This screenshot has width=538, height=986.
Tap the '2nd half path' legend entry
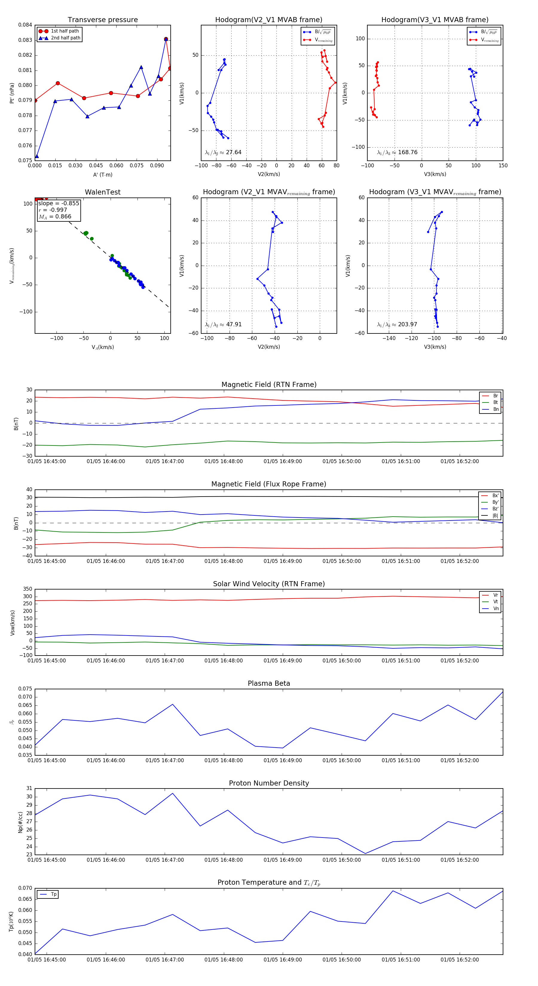point(65,38)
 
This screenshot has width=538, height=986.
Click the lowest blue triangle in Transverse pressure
point(37,156)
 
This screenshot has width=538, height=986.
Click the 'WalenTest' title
point(103,192)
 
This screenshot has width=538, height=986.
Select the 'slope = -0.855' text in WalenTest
point(59,203)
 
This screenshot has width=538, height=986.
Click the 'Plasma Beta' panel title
point(269,683)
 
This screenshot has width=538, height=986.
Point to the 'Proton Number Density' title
point(269,783)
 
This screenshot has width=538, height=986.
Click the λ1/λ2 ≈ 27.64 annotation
point(223,152)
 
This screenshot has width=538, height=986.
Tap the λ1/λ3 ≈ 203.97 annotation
point(397,324)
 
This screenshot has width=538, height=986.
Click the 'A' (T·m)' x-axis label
point(103,175)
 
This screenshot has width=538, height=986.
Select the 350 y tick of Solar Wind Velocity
point(27,589)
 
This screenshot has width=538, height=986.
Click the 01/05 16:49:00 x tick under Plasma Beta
point(282,760)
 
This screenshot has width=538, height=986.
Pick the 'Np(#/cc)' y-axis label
point(21,823)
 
